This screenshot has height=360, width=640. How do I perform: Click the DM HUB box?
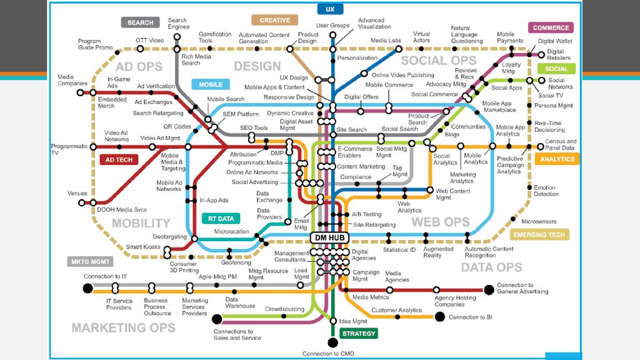[329, 237]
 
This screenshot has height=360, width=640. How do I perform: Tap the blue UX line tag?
[330, 9]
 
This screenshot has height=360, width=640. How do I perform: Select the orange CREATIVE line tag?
[275, 20]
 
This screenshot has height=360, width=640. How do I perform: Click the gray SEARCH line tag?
[140, 22]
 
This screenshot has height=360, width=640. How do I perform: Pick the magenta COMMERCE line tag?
[551, 27]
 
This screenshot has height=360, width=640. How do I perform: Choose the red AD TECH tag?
[119, 159]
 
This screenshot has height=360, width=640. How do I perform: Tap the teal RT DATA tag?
[221, 219]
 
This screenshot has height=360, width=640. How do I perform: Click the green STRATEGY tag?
[359, 333]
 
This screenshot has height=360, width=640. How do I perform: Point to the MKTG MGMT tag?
[90, 261]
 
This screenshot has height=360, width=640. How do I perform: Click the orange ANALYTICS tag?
[557, 159]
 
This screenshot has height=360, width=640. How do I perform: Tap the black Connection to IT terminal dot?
[87, 288]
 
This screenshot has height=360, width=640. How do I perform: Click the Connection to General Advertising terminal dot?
[489, 289]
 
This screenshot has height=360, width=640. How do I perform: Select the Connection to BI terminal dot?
[439, 317]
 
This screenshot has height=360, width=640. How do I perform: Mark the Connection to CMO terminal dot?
[332, 342]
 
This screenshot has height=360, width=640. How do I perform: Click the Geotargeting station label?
[170, 237]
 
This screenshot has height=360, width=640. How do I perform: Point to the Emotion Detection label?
[546, 191]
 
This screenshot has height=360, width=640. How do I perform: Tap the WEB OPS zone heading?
[440, 222]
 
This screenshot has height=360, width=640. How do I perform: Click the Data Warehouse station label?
[240, 302]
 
